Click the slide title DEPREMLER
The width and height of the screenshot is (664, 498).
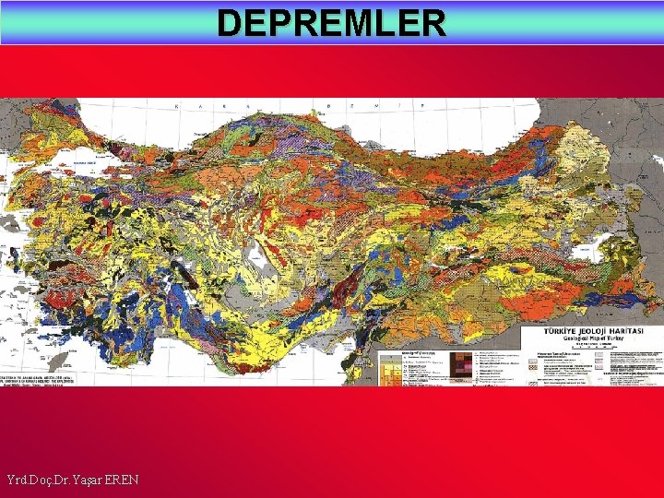[x=332, y=22]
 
